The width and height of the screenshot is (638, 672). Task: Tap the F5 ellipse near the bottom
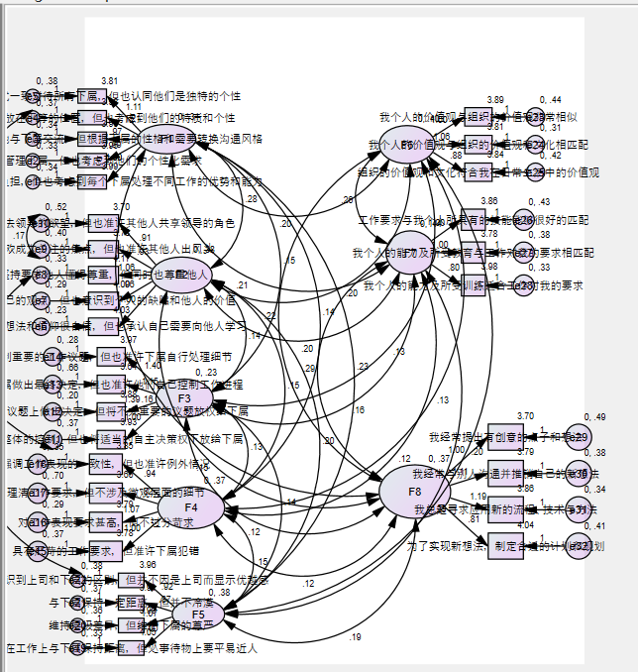tap(199, 613)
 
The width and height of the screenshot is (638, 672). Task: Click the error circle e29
tap(578, 438)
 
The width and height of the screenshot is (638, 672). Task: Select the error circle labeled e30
tap(578, 474)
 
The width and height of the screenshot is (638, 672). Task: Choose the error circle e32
tap(578, 545)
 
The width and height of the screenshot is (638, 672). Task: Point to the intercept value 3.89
tap(495, 100)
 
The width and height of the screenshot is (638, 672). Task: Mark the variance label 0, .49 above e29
tap(594, 417)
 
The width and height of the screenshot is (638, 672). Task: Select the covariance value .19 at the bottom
tap(356, 636)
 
